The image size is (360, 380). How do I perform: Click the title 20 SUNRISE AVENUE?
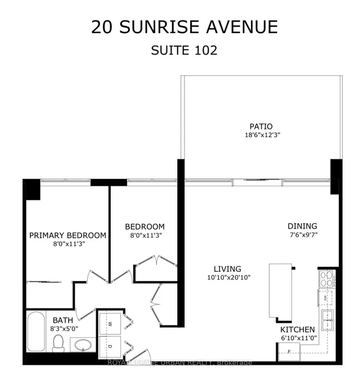tap(184, 26)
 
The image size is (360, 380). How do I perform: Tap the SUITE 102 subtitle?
tap(184, 50)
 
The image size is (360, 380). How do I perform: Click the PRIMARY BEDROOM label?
tap(67, 235)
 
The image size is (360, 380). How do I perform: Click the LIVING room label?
tap(227, 269)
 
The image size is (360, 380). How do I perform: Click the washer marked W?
tap(110, 324)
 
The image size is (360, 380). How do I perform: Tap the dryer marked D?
tap(110, 346)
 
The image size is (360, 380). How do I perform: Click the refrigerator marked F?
tap(289, 352)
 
